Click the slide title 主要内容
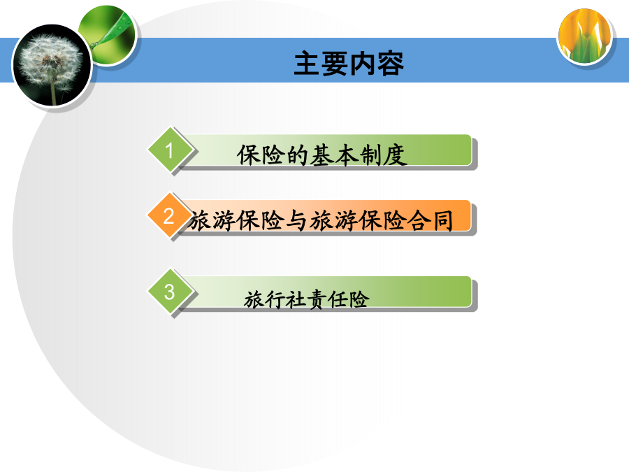[349, 64]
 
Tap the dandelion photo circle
[52, 66]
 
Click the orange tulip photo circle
[584, 36]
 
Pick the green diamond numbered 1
[170, 150]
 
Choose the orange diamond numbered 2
[170, 215]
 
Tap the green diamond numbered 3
[170, 292]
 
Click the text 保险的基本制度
[321, 155]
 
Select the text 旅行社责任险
[307, 299]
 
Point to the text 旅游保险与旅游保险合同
[321, 220]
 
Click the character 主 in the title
[308, 64]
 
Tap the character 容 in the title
[390, 64]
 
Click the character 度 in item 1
[395, 155]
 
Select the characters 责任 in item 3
[327, 299]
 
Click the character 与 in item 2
[297, 220]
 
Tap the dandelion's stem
[53, 92]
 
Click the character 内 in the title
[363, 64]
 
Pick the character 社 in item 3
[296, 299]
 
